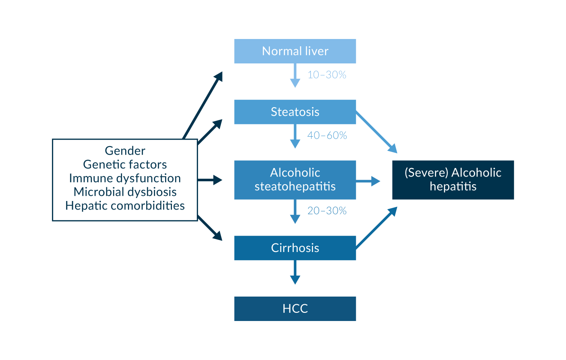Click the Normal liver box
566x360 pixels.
coord(295,51)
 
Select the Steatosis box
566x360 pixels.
coord(295,112)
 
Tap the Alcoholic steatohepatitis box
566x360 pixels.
coord(295,180)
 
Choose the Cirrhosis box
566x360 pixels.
coord(295,248)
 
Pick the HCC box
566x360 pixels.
coord(295,309)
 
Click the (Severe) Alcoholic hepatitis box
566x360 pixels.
coord(453,180)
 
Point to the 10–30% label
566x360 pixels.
coord(327,75)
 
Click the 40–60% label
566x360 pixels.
coord(327,135)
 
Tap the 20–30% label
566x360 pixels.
coord(327,211)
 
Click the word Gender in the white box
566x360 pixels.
coord(125,151)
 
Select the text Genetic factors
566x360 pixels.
coord(125,165)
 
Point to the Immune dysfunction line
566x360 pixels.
coord(125,178)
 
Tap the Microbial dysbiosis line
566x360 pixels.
coord(125,192)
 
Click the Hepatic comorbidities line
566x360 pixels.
coord(125,205)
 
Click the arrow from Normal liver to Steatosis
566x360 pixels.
coord(295,75)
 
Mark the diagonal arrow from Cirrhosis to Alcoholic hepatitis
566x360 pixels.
coord(376,228)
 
